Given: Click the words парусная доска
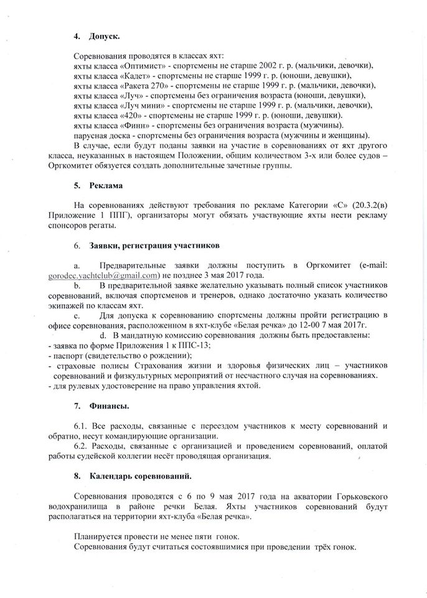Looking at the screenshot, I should coord(101,136).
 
